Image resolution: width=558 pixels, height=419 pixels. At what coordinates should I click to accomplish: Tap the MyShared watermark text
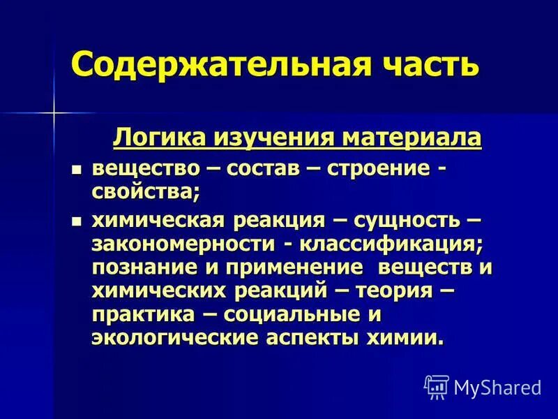[497, 386]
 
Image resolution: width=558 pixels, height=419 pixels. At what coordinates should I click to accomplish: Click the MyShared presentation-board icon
[437, 386]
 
